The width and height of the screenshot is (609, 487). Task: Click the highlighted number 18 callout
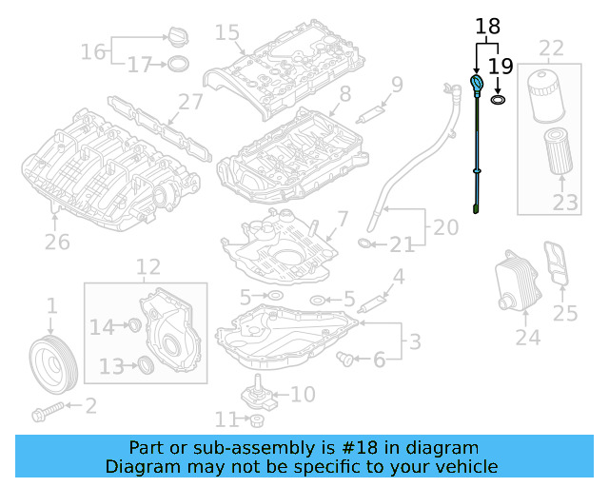486,28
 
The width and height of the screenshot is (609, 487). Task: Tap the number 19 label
501,67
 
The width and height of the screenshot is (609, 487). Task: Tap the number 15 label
226,32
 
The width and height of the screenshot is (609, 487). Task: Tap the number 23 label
565,203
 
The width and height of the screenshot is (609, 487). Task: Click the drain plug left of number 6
346,359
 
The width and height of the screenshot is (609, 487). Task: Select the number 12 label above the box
148,267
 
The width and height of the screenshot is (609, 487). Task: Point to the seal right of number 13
146,364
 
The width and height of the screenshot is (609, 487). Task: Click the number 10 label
302,394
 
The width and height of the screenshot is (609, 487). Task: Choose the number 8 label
344,93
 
